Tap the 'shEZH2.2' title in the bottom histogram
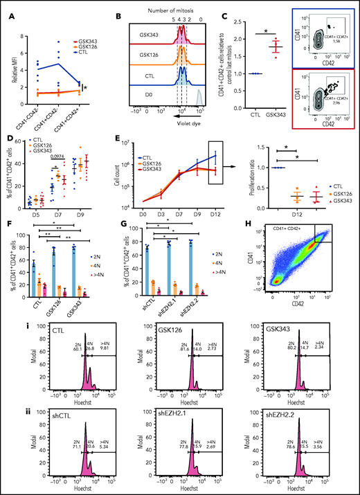[x=285, y=415]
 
